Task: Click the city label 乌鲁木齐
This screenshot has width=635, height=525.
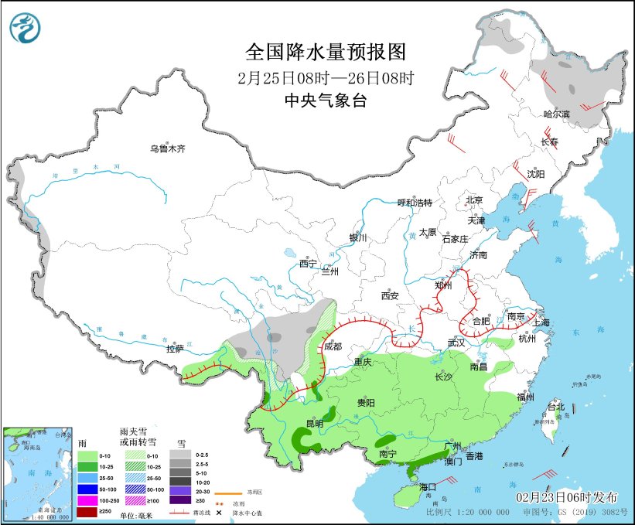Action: pyautogui.click(x=168, y=148)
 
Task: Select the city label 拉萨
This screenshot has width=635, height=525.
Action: pyautogui.click(x=176, y=349)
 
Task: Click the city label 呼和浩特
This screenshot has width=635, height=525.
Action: pyautogui.click(x=415, y=203)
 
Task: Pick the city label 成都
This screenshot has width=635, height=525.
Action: pyautogui.click(x=333, y=346)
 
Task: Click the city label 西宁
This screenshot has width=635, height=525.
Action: pyautogui.click(x=308, y=263)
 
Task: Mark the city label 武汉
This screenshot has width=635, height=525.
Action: pyautogui.click(x=456, y=343)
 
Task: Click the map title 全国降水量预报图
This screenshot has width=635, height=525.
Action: pyautogui.click(x=325, y=52)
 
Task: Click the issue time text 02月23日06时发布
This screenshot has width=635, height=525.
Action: pyautogui.click(x=568, y=495)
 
